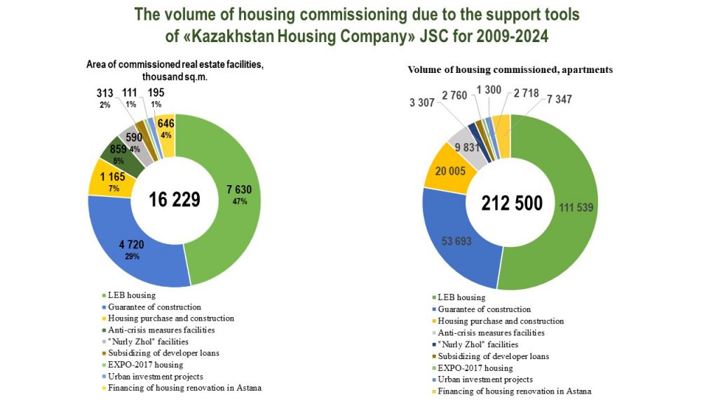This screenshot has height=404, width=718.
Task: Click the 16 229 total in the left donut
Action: pos(175,199)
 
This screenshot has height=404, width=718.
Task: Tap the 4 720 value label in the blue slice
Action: pos(132,245)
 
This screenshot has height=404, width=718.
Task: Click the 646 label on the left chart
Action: pos(166,123)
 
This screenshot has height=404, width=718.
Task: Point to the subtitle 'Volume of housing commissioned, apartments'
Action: pos(510,70)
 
